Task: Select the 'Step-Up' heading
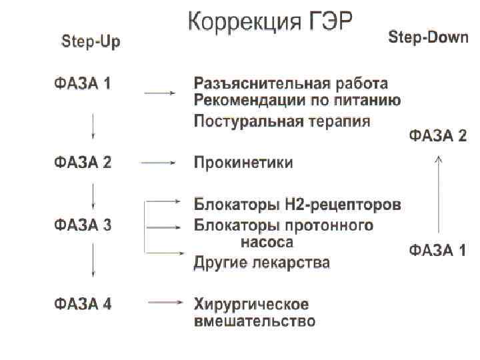click(x=91, y=42)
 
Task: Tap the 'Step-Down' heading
click(x=428, y=38)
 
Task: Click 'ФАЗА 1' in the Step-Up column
click(x=83, y=84)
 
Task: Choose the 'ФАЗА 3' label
click(x=83, y=225)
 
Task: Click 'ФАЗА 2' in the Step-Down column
click(x=437, y=136)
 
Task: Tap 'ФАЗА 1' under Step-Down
click(x=437, y=251)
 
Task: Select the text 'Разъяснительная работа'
click(x=291, y=85)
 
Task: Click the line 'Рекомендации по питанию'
click(x=297, y=101)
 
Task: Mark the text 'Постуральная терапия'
click(x=282, y=122)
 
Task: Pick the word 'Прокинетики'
click(x=243, y=163)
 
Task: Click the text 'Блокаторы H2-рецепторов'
click(x=297, y=203)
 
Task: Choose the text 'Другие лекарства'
click(x=261, y=262)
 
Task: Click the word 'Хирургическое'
click(x=251, y=305)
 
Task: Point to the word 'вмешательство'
click(x=254, y=321)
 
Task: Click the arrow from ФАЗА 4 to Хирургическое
click(x=165, y=303)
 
